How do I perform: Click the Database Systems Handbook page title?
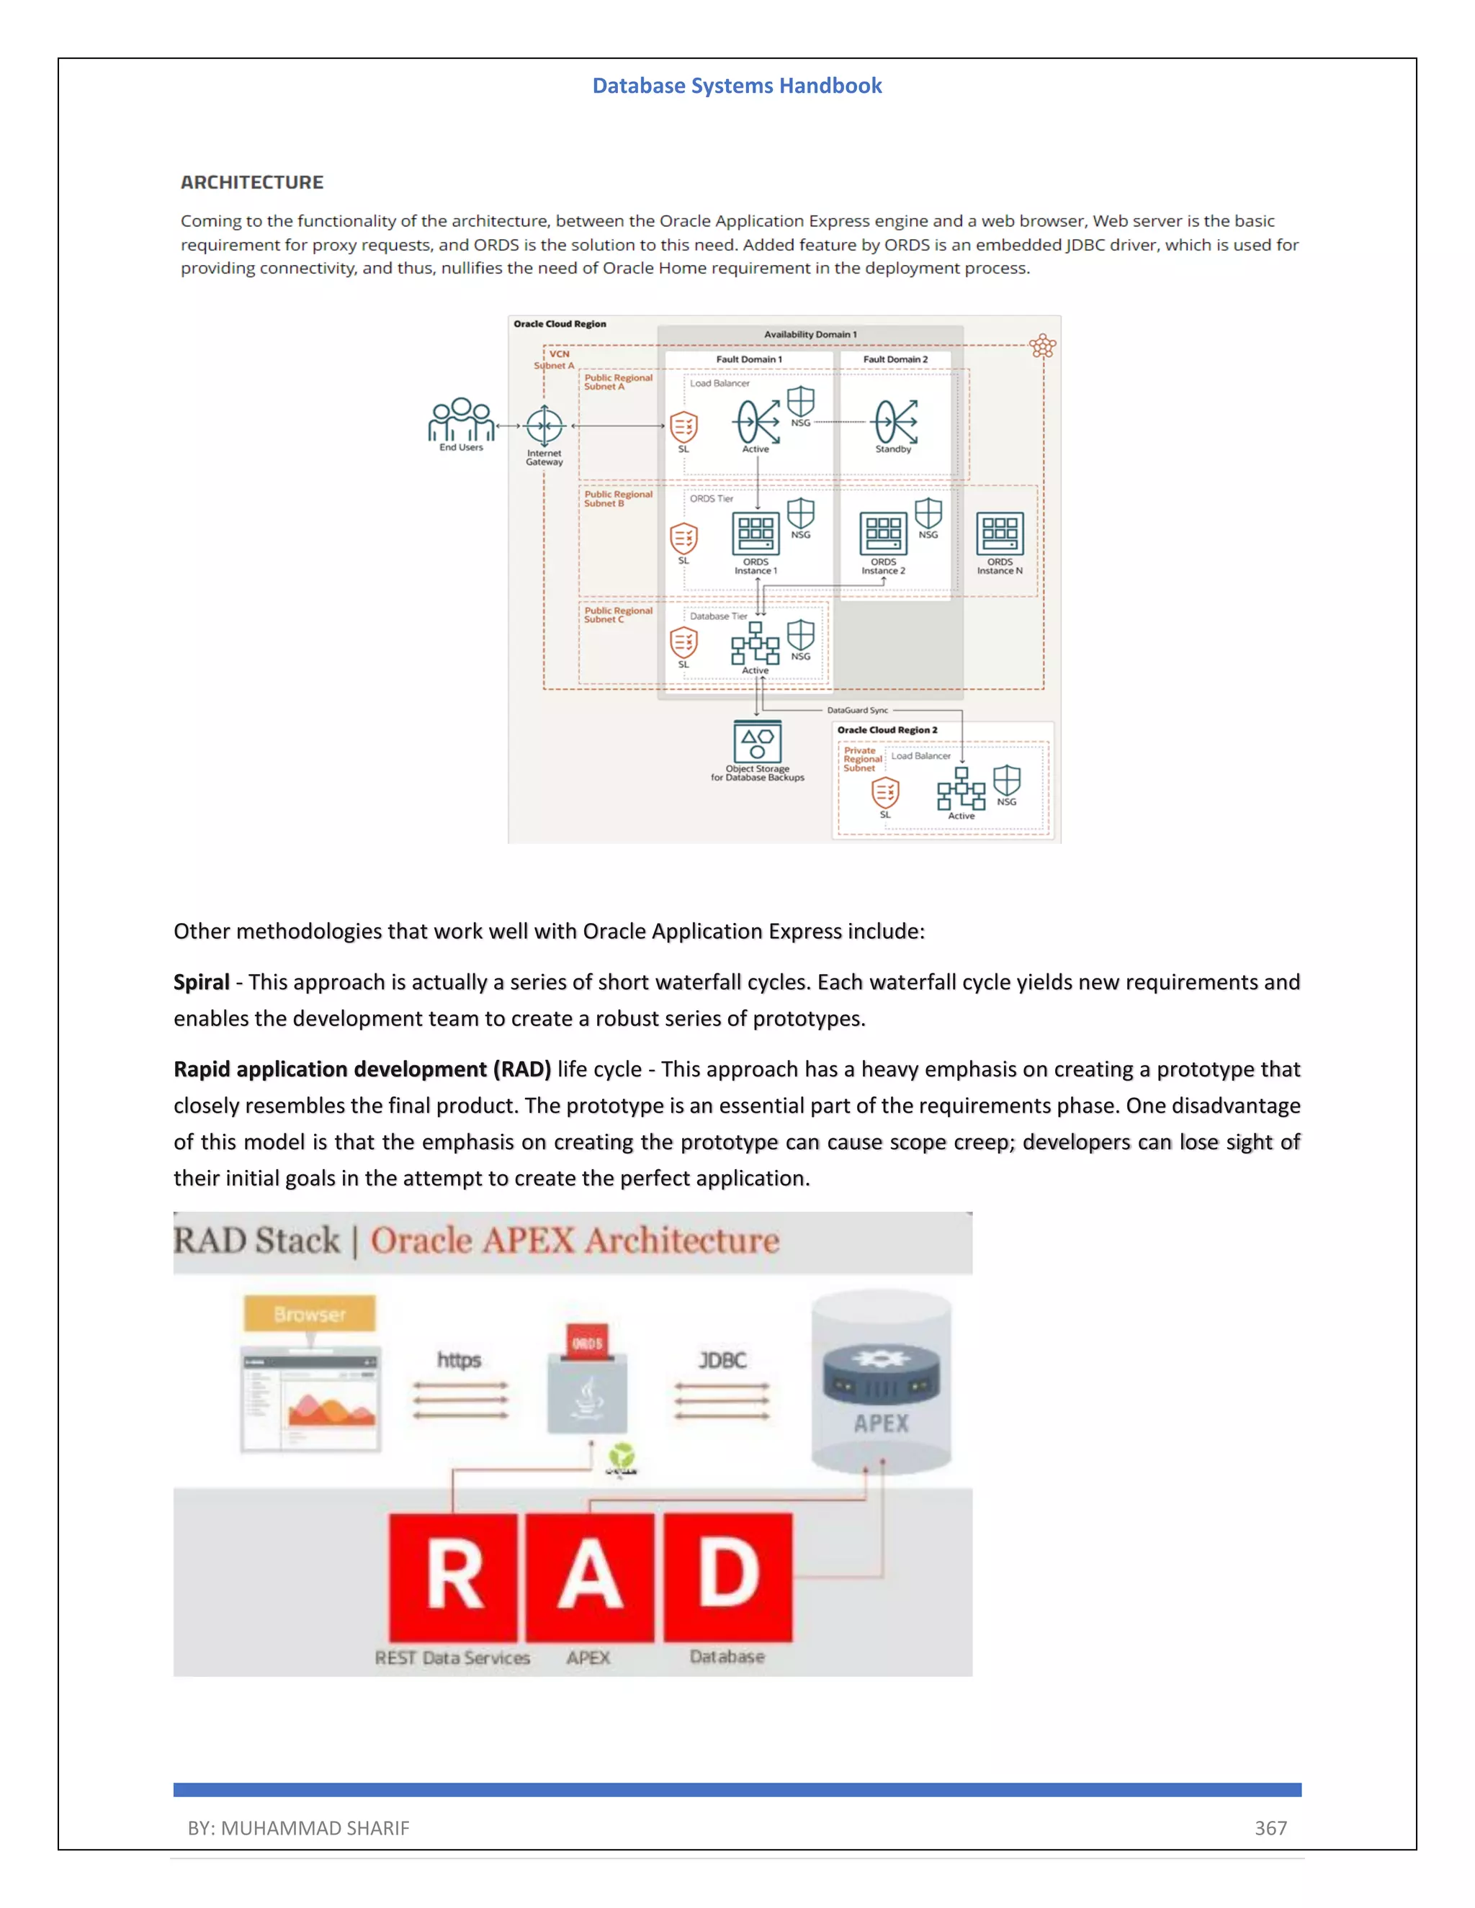tap(737, 86)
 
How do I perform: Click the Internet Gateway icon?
tap(544, 426)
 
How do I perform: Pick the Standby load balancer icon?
tap(895, 422)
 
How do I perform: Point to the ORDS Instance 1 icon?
tap(756, 533)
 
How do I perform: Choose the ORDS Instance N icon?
tap(1000, 533)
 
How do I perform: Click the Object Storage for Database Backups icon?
tap(757, 742)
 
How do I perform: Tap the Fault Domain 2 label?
tap(895, 359)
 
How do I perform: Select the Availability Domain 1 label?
tap(810, 335)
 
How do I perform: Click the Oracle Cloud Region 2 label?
tap(887, 730)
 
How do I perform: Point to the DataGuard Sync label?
tap(857, 710)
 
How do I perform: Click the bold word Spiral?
tap(201, 982)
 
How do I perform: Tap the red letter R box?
tap(454, 1577)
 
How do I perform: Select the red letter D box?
tap(728, 1577)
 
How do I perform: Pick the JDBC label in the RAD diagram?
tap(722, 1360)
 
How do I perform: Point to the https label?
tap(459, 1360)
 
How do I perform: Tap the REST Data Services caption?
tap(452, 1657)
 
